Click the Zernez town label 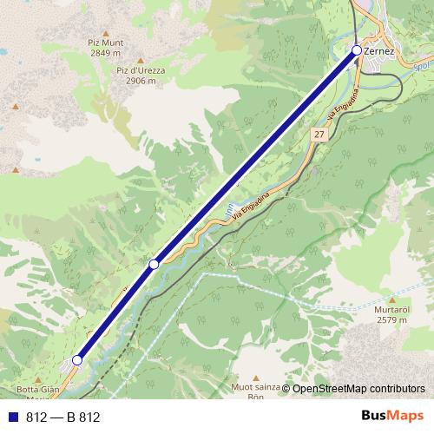381,51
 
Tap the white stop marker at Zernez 357,51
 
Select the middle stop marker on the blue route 154,263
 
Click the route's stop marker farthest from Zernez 77,359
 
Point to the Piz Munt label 105,42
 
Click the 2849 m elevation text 105,53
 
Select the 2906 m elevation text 141,81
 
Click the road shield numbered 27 320,135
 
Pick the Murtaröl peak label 392,310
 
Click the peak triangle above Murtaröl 393,298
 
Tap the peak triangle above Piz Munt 106,30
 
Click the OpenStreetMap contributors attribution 358,389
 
